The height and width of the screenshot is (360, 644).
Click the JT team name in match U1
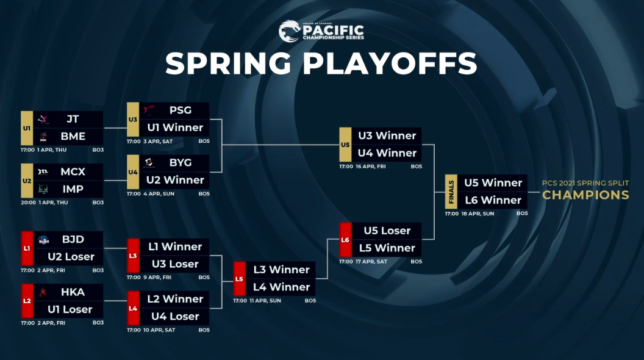tap(73, 119)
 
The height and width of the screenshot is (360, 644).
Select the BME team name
tap(73, 137)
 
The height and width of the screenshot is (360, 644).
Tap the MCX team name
tap(73, 172)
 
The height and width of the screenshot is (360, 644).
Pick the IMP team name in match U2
tap(73, 189)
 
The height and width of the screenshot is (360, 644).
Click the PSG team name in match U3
tap(181, 110)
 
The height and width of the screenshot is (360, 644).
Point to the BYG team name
tap(181, 163)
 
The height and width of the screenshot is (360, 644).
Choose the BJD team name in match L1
tap(73, 239)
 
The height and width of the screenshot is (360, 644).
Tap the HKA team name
tap(73, 292)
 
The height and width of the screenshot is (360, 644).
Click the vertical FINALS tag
tap(451, 192)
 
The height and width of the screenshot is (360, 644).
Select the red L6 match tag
tap(345, 240)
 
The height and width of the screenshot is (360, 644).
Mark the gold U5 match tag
tap(345, 144)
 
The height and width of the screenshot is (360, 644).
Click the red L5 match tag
tap(240, 279)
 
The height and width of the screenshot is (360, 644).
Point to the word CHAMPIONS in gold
tap(585, 195)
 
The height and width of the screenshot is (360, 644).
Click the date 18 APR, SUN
tap(478, 214)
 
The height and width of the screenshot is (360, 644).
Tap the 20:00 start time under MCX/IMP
tap(28, 203)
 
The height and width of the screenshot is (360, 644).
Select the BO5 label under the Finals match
tap(522, 214)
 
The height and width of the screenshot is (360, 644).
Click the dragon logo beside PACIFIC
tap(289, 31)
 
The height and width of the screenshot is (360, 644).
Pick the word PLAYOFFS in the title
tap(390, 63)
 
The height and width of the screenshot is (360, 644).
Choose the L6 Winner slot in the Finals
tap(493, 200)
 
